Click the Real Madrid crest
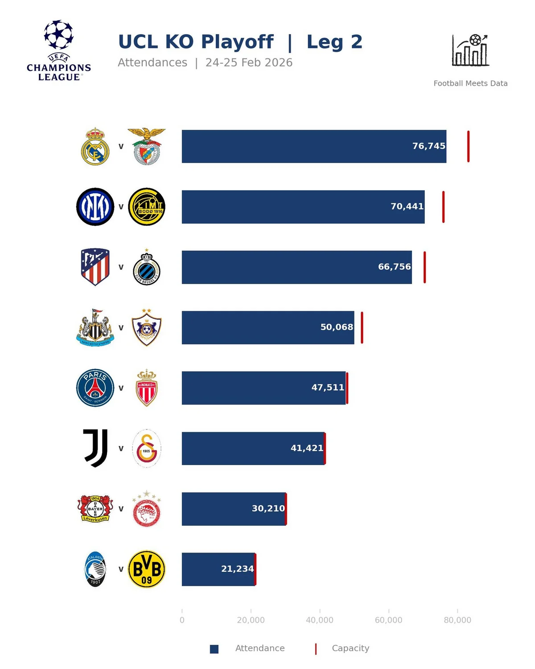coord(95,146)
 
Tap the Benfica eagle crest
coord(147,146)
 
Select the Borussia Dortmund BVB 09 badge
coord(147,569)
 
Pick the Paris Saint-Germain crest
coord(95,388)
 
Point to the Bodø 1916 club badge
coord(147,206)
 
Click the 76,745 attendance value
coord(428,146)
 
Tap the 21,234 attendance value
coord(237,569)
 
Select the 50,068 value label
coord(337,327)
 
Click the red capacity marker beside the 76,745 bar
coord(468,146)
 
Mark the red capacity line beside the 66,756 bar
coord(424,267)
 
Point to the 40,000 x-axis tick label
coord(319,620)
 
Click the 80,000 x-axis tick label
coord(457,620)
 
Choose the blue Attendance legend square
coord(214,649)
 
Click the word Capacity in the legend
coord(350,648)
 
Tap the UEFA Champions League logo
coord(59,50)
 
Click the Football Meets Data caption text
coord(470,83)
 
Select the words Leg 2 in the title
coord(334,42)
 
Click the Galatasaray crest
coord(147,448)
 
